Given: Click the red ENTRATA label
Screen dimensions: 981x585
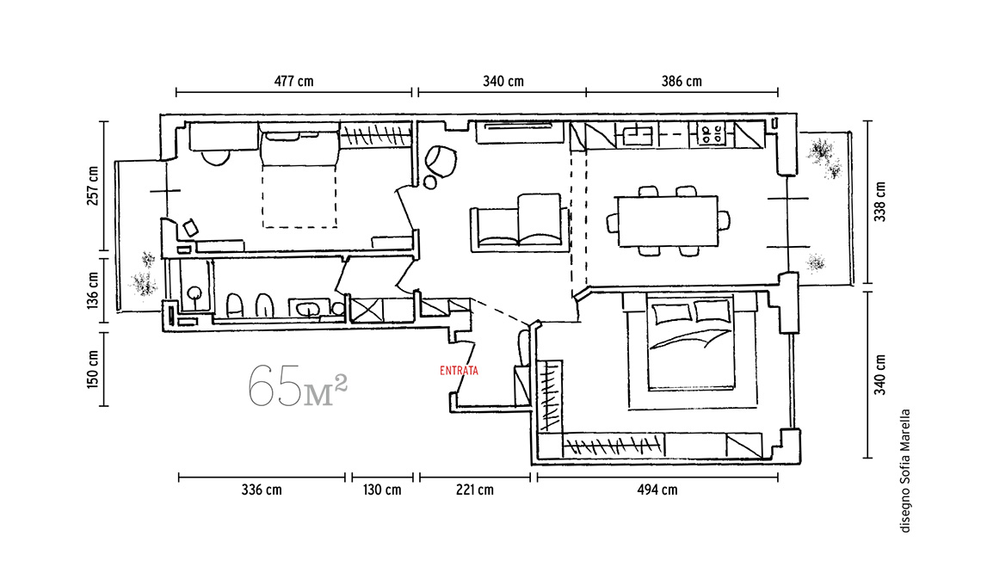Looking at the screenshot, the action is pyautogui.click(x=459, y=371).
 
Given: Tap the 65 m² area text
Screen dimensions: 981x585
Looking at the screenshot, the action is pyautogui.click(x=297, y=386).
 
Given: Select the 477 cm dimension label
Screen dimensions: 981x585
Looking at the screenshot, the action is pyautogui.click(x=293, y=82).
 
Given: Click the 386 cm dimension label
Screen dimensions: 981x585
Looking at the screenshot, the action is pyautogui.click(x=682, y=82).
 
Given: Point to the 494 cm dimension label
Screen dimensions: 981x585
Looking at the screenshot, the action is pyautogui.click(x=657, y=490).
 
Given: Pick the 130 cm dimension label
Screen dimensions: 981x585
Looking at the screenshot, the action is pyautogui.click(x=381, y=490).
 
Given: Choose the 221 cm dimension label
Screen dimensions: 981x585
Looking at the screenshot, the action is pyautogui.click(x=474, y=490).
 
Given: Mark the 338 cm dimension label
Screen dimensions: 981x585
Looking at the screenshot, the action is pyautogui.click(x=880, y=201).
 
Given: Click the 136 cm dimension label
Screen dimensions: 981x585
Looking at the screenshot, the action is pyautogui.click(x=93, y=290).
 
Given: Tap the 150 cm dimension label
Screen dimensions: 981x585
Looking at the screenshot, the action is pyautogui.click(x=93, y=369).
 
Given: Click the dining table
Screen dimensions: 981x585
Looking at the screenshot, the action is pyautogui.click(x=667, y=221).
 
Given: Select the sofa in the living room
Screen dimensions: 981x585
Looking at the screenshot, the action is pyautogui.click(x=520, y=222).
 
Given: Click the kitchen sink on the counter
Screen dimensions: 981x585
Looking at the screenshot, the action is pyautogui.click(x=638, y=135).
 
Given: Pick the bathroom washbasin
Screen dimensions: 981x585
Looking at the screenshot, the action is pyautogui.click(x=308, y=308).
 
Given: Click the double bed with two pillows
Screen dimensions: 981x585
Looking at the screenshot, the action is pyautogui.click(x=691, y=343).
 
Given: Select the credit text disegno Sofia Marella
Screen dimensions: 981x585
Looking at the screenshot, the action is pyautogui.click(x=904, y=471).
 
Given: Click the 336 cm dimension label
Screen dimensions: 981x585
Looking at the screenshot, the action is pyautogui.click(x=262, y=490).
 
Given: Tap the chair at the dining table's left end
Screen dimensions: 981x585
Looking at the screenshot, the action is pyautogui.click(x=612, y=221).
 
